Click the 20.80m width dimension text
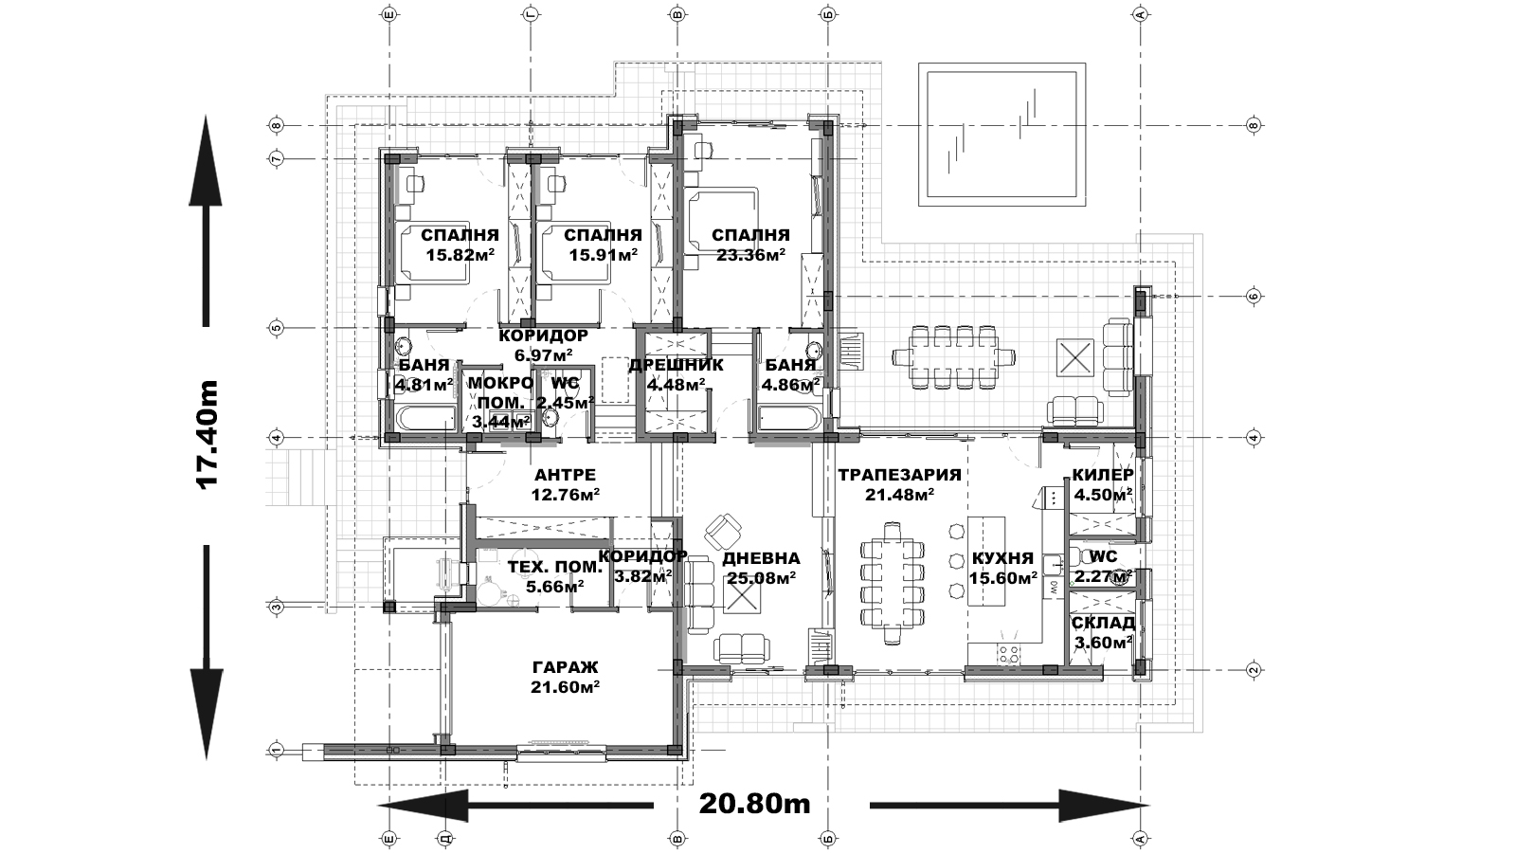click(x=754, y=804)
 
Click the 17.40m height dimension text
click(x=207, y=434)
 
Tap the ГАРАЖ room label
click(x=566, y=667)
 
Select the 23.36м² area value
click(x=750, y=255)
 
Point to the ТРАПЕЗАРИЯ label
click(x=899, y=475)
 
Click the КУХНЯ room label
click(x=1002, y=558)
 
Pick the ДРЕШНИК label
click(x=677, y=366)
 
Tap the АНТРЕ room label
click(x=565, y=475)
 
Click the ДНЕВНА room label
click(x=761, y=558)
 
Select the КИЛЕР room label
click(x=1103, y=475)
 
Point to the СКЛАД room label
click(x=1103, y=623)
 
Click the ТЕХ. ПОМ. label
click(x=554, y=567)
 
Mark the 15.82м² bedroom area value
click(x=460, y=255)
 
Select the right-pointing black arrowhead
click(x=1105, y=806)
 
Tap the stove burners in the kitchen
click(x=1009, y=653)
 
